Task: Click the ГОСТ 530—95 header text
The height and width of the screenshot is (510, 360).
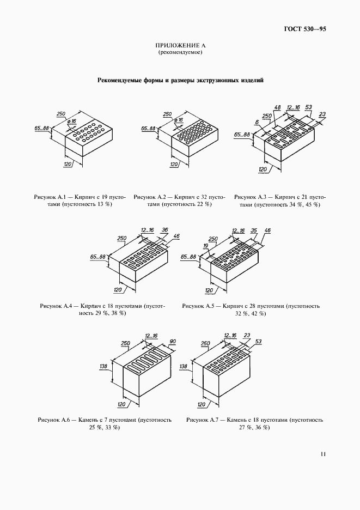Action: coord(305,29)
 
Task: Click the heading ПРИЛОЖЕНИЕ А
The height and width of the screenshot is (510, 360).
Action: coord(180,45)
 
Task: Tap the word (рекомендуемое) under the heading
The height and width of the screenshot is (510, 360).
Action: coord(180,52)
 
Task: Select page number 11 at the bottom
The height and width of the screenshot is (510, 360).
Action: coord(323,454)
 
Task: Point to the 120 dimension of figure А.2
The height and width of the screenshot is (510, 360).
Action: coord(174,164)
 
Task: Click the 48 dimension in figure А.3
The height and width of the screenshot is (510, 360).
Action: coord(277,107)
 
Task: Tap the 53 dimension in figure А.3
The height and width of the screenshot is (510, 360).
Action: coord(309,107)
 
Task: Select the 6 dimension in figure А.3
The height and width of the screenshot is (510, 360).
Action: coord(257,122)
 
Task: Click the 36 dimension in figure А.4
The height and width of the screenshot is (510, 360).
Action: coord(164,229)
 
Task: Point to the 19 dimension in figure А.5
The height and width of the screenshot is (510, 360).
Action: coord(206,246)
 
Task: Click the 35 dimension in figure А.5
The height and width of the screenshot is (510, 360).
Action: coord(254,230)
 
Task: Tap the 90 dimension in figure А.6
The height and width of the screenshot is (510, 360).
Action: coord(173,341)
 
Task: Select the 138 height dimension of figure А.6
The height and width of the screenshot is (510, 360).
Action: coord(103,367)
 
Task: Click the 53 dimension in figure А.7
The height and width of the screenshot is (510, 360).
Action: coord(258,341)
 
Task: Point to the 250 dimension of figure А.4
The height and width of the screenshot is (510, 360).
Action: coord(121,238)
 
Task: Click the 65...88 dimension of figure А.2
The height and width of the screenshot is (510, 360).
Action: coord(148,129)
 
